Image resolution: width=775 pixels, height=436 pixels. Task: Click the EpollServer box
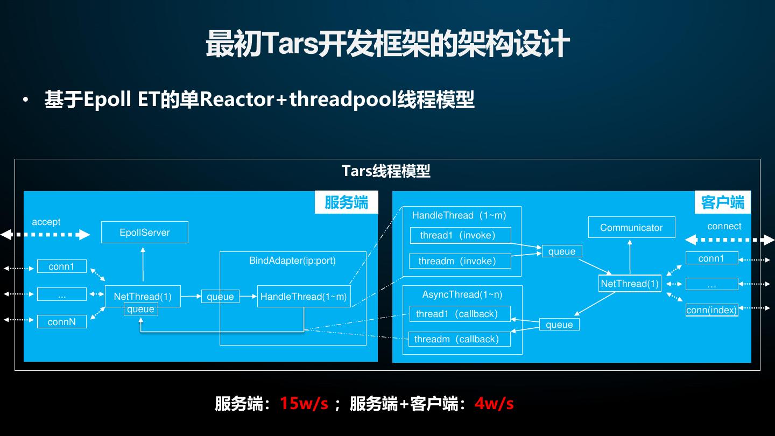[144, 233]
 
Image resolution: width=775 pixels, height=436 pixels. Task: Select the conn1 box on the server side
[61, 266]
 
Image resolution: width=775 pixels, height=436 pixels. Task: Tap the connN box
[61, 322]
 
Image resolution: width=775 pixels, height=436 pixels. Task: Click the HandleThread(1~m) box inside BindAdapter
[304, 297]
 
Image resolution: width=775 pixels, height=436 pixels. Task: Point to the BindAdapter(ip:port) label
[292, 261]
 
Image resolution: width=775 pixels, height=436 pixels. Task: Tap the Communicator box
[631, 228]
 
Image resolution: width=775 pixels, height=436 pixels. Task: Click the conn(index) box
[711, 310]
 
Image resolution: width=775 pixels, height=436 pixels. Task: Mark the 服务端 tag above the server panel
[346, 202]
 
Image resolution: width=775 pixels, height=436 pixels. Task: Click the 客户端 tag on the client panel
[723, 202]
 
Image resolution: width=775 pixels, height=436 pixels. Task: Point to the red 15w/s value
[304, 403]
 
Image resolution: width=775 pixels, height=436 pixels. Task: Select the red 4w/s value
[494, 403]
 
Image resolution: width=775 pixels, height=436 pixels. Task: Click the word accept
[46, 222]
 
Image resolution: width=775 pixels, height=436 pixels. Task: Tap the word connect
[724, 226]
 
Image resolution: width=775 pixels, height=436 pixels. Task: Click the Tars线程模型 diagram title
[386, 171]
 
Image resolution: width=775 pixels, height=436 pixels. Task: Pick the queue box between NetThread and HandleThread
[220, 297]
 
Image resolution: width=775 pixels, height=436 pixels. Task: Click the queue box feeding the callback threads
[559, 325]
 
